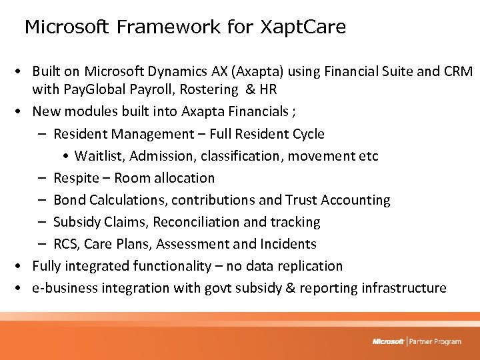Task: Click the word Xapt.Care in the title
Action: coord(303,27)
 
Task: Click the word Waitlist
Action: coord(99,156)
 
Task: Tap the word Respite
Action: coord(75,178)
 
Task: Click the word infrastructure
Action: coord(404,288)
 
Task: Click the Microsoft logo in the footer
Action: coord(388,342)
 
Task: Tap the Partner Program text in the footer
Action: coord(435,342)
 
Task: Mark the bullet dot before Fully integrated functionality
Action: coord(23,266)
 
